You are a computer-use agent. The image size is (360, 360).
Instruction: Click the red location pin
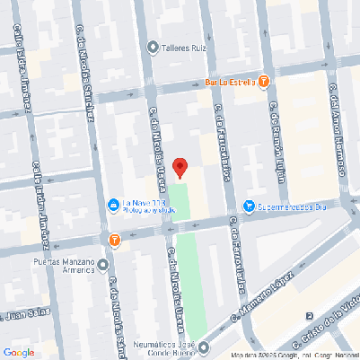[180, 167]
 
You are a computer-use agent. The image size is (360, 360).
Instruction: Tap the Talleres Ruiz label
[186, 48]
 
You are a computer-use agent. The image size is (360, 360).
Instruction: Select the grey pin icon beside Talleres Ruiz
[154, 48]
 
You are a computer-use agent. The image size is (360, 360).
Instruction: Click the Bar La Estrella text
[231, 82]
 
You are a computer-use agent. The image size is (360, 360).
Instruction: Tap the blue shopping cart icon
[250, 206]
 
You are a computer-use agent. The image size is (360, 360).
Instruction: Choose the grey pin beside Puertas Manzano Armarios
[103, 266]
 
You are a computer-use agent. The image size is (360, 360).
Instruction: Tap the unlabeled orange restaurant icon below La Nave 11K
[114, 240]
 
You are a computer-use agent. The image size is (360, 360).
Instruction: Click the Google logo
[18, 351]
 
